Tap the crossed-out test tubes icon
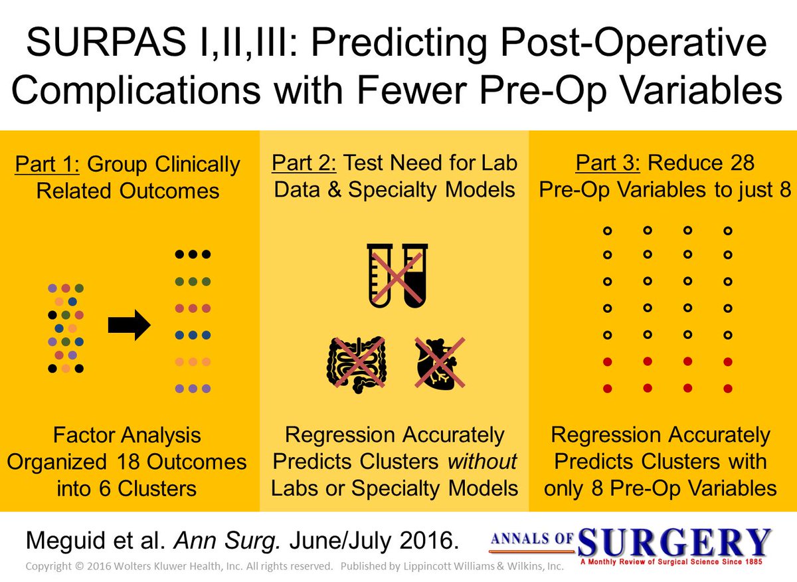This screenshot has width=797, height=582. click(397, 274)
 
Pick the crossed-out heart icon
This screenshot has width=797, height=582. click(439, 362)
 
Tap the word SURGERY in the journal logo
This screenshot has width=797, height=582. click(675, 543)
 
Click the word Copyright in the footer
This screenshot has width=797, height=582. click(47, 567)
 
